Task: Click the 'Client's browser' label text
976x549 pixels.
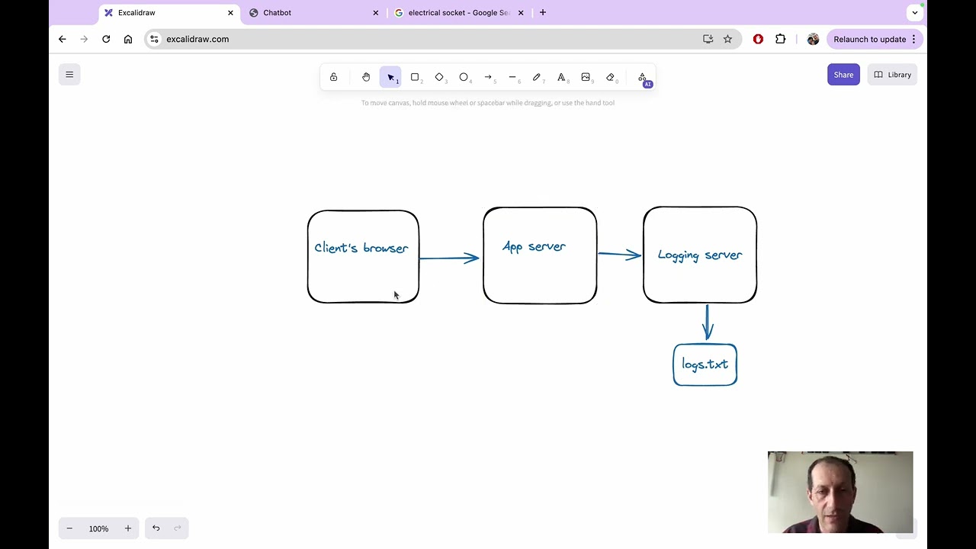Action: point(361,248)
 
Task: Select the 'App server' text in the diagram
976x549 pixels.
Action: point(534,246)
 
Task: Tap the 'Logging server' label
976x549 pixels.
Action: point(699,255)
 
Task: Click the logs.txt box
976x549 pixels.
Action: point(705,364)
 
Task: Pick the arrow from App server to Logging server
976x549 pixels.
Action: point(619,254)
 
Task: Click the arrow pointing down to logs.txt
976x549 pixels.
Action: point(708,322)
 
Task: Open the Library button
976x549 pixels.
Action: point(892,75)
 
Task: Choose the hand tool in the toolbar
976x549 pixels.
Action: point(366,77)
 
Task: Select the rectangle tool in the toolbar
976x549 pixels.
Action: point(415,77)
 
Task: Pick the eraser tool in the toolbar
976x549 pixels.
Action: point(610,77)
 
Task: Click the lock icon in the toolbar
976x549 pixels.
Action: point(333,77)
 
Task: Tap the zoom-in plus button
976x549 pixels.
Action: point(128,528)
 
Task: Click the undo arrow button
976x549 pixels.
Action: point(156,528)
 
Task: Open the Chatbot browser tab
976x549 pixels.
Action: point(278,12)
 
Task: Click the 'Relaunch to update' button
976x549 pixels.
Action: point(874,39)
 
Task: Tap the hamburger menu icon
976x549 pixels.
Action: point(69,75)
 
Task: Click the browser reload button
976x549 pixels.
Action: point(106,39)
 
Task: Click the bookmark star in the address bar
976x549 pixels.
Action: point(727,39)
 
